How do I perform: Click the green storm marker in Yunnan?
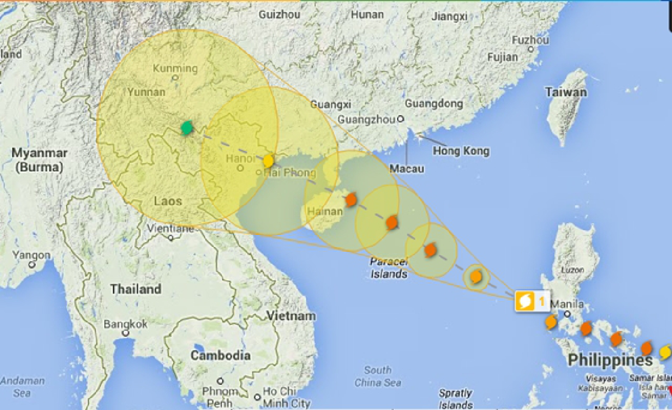click(186, 128)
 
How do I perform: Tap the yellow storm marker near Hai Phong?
click(269, 161)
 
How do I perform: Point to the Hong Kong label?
click(461, 151)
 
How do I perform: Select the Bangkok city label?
click(125, 324)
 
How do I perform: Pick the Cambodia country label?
click(220, 355)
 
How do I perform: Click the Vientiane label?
click(170, 229)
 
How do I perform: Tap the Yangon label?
click(31, 255)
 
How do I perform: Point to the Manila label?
click(567, 305)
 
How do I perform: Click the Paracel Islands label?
click(388, 268)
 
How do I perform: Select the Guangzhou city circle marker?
click(400, 119)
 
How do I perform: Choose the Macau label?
click(407, 169)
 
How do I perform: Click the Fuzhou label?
click(530, 40)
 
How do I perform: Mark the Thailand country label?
click(136, 289)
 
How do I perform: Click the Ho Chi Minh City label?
click(286, 397)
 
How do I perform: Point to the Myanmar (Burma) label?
click(40, 159)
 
